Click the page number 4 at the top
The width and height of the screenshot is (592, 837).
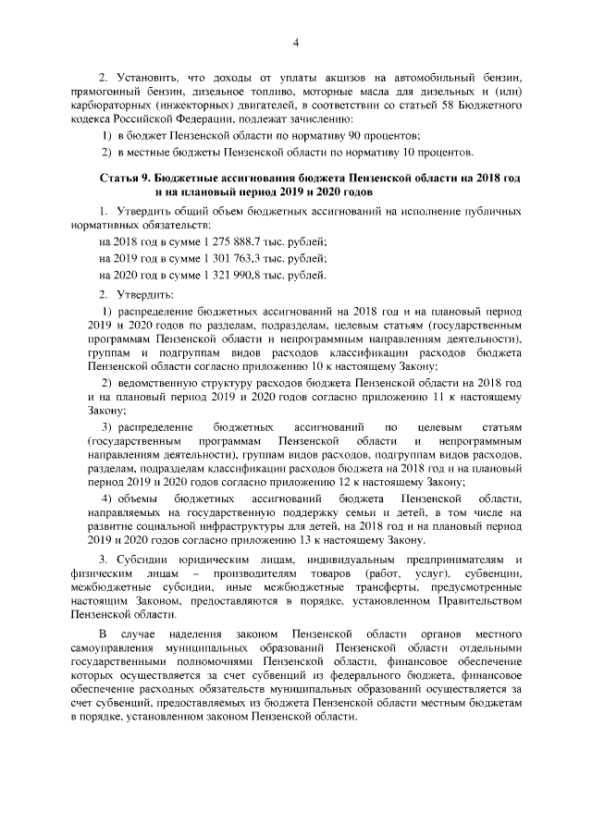296,42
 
